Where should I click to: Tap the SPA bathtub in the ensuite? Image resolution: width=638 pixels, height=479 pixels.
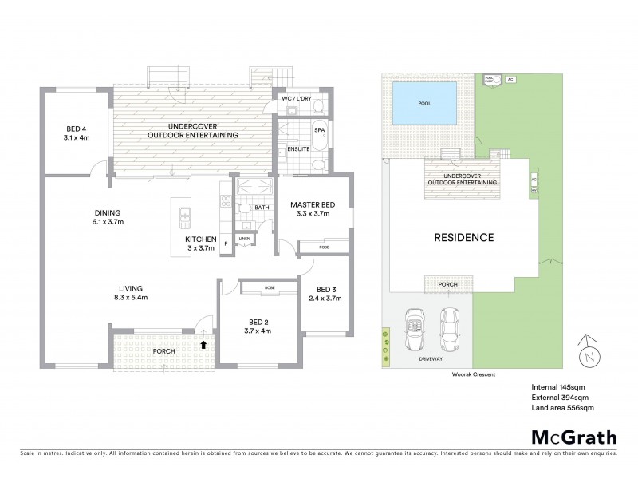tap(320, 136)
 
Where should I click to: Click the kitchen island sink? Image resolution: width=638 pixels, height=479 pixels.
tap(185, 213)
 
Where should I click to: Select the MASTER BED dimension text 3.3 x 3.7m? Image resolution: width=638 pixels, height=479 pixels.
tap(311, 215)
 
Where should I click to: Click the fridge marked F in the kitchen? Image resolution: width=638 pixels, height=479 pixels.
tap(226, 242)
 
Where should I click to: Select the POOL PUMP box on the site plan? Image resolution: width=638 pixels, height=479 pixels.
tap(489, 80)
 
